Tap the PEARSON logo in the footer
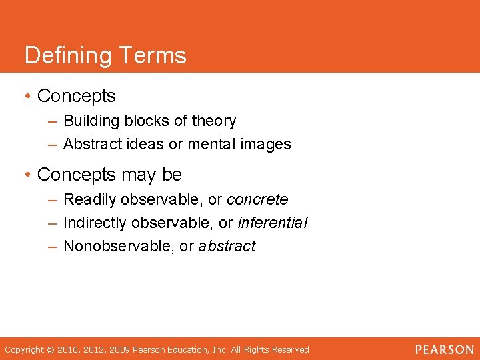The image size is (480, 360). pyautogui.click(x=445, y=349)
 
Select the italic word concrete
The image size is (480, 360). pyautogui.click(x=257, y=199)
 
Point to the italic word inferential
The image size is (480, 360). pyautogui.click(x=273, y=223)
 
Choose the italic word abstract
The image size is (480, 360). pyautogui.click(x=227, y=246)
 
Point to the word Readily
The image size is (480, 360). pyautogui.click(x=89, y=199)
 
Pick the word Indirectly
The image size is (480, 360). pyautogui.click(x=95, y=223)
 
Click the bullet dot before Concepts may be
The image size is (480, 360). pyautogui.click(x=27, y=175)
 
